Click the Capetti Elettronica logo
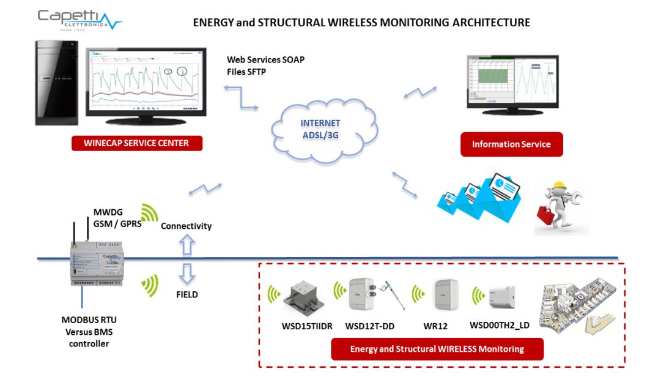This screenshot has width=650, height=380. coord(79,20)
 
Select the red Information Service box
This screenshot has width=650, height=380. coord(511,144)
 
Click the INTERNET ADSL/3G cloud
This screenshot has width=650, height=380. coord(321,129)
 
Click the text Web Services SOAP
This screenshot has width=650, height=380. coord(265,60)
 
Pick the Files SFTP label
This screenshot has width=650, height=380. coord(246,72)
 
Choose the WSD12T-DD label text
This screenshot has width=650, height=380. coord(370,326)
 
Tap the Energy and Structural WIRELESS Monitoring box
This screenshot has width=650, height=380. coord(437,349)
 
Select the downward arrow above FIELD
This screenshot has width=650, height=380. coord(187,273)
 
